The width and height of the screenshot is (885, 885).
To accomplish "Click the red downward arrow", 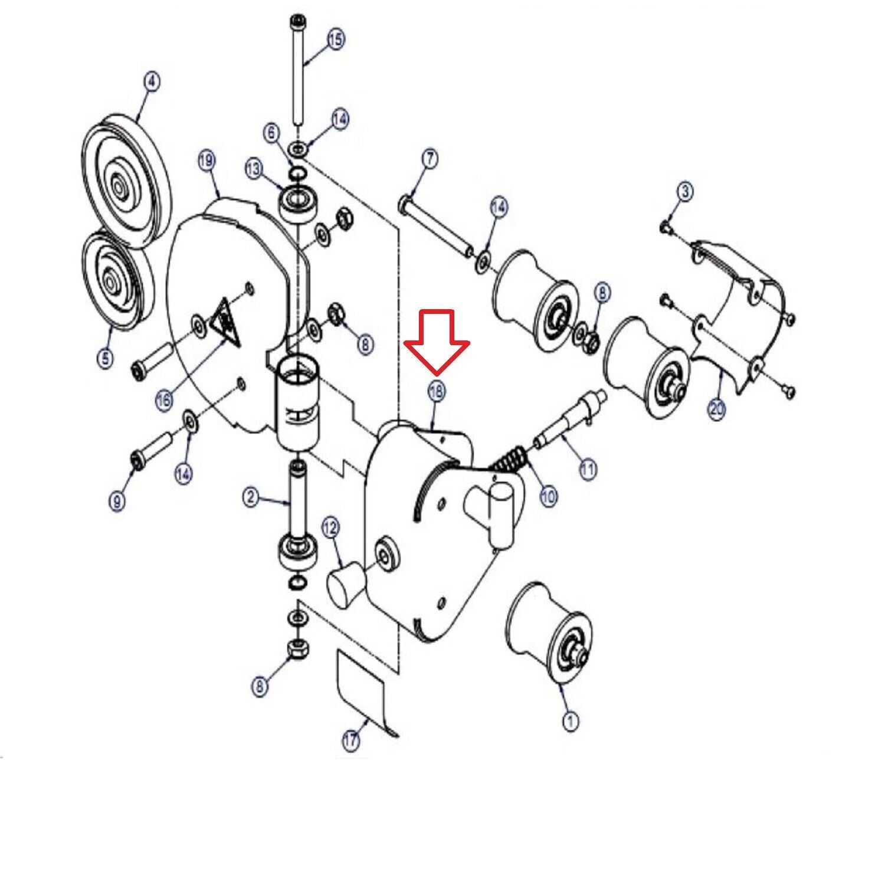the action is click(x=437, y=342).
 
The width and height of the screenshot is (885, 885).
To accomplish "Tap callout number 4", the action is click(x=152, y=82).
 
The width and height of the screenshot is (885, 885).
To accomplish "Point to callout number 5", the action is click(x=105, y=358).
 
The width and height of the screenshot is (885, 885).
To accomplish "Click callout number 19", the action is click(x=207, y=160).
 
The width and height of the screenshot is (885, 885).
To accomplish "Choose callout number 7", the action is click(x=430, y=158).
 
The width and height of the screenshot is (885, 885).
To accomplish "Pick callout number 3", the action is click(x=684, y=191).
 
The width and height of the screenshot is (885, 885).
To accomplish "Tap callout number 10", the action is click(x=548, y=497).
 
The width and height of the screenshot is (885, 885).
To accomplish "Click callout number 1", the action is click(x=570, y=721).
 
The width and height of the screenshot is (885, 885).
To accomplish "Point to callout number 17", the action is click(x=351, y=741).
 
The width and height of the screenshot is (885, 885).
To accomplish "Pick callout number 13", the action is click(x=254, y=169).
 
